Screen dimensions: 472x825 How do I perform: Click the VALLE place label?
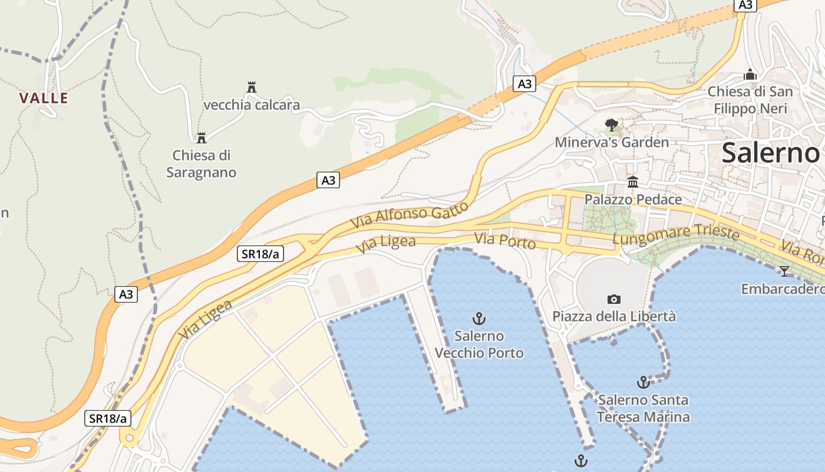44,98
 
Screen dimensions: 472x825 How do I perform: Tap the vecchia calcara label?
252,106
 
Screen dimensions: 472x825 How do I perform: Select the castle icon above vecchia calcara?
252,87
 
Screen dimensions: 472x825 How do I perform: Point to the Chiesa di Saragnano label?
201,164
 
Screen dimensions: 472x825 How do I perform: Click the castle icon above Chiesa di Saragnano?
202,138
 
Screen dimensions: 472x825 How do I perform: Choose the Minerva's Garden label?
612,142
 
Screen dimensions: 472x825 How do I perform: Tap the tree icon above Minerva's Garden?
612,124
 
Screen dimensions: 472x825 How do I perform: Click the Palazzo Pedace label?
633,199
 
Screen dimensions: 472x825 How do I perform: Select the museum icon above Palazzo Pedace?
633,182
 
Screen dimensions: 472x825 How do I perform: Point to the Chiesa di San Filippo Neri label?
750,100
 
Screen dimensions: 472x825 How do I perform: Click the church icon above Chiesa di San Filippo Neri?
750,74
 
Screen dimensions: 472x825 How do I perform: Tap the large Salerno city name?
771,153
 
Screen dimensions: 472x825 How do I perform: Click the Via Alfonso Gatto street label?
410,215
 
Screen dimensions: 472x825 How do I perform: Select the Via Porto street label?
505,241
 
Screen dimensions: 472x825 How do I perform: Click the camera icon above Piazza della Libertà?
614,299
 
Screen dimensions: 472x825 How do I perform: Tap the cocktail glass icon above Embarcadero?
784,271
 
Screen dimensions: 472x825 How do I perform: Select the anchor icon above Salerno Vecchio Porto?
479,319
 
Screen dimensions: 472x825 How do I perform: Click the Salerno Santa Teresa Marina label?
643,408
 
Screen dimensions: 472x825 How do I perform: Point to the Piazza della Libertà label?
614,316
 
